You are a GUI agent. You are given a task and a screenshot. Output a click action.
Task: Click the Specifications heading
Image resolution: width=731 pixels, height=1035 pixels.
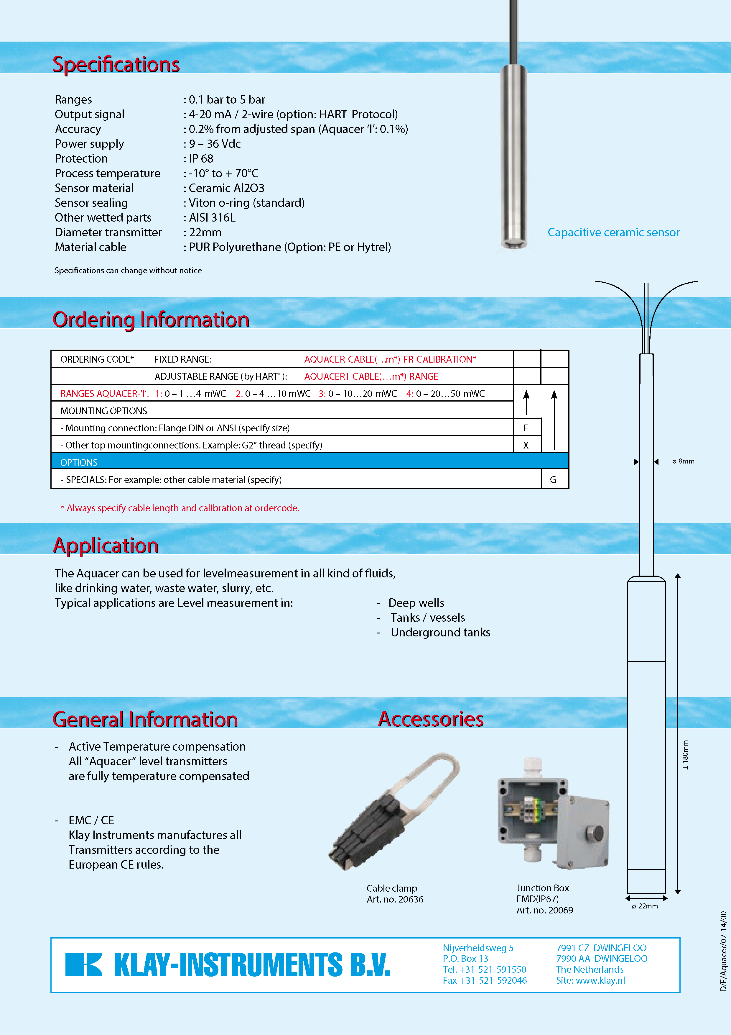coord(116,64)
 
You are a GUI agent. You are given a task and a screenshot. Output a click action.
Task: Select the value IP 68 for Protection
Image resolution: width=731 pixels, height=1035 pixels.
coord(201,159)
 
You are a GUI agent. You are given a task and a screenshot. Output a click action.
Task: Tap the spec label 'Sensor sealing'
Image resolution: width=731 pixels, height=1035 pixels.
coord(91,203)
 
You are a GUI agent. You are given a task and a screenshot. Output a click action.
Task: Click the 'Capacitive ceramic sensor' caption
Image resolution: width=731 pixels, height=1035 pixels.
coord(613,232)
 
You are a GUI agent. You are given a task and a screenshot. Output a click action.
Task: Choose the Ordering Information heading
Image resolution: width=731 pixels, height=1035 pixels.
coord(151,320)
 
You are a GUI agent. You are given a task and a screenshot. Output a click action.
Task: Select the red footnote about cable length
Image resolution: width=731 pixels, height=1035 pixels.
coord(180,508)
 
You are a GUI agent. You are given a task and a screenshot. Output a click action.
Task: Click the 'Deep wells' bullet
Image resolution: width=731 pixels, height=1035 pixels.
coord(416,603)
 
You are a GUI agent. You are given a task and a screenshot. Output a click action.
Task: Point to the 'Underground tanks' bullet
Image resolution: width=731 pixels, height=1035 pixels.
coord(440,633)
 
